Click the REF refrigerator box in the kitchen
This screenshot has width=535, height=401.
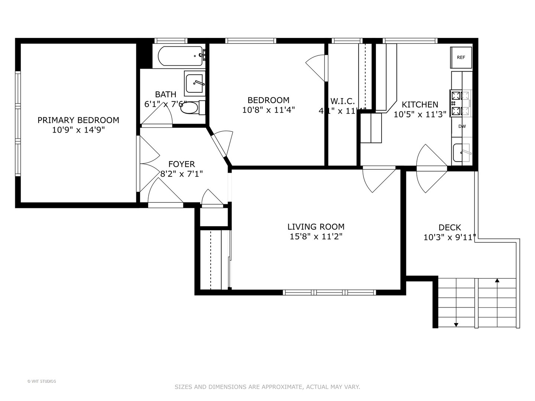pos(461,58)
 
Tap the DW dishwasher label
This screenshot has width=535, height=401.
pos(462,126)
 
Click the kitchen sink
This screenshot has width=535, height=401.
pos(461,152)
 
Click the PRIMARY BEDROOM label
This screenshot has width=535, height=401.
pos(78,120)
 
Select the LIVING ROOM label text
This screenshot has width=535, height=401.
pos(316,226)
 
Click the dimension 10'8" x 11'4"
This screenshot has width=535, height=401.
pos(268,110)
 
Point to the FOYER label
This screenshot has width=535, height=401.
pos(181,164)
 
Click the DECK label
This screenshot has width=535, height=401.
pos(450,227)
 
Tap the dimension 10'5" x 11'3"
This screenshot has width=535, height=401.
pos(420,114)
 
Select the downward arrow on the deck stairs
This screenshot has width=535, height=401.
pos(456,325)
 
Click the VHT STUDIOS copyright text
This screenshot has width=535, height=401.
pos(42,381)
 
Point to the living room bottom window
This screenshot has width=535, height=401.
pos(329,293)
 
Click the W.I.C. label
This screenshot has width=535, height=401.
pos(343,101)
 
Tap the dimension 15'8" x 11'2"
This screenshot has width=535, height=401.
pos(316,237)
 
